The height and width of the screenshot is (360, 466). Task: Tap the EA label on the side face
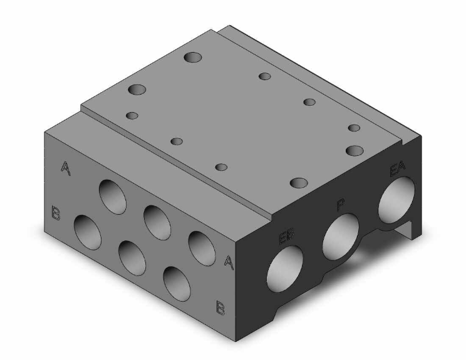tap(397, 169)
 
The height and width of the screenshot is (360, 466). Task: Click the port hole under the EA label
tap(396, 200)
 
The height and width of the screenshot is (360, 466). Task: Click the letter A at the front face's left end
tap(65, 167)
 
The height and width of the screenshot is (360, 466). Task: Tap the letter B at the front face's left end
tap(56, 213)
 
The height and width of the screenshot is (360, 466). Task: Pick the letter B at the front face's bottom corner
tap(220, 307)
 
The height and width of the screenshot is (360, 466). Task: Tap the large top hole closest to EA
tap(355, 150)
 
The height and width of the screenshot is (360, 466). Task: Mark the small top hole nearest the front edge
tap(220, 167)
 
